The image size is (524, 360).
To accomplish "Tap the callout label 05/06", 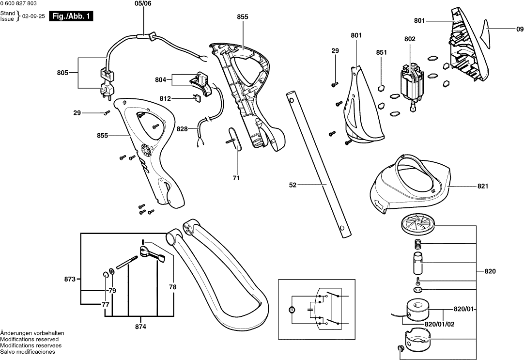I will (x=143, y=4).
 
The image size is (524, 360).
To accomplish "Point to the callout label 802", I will (x=410, y=38).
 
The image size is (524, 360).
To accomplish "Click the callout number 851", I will (x=382, y=52).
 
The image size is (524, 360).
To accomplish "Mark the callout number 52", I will (x=293, y=185).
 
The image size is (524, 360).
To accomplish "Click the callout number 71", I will (x=236, y=178).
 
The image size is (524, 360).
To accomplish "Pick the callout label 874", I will (x=140, y=327).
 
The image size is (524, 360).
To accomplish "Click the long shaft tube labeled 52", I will (x=320, y=165).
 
